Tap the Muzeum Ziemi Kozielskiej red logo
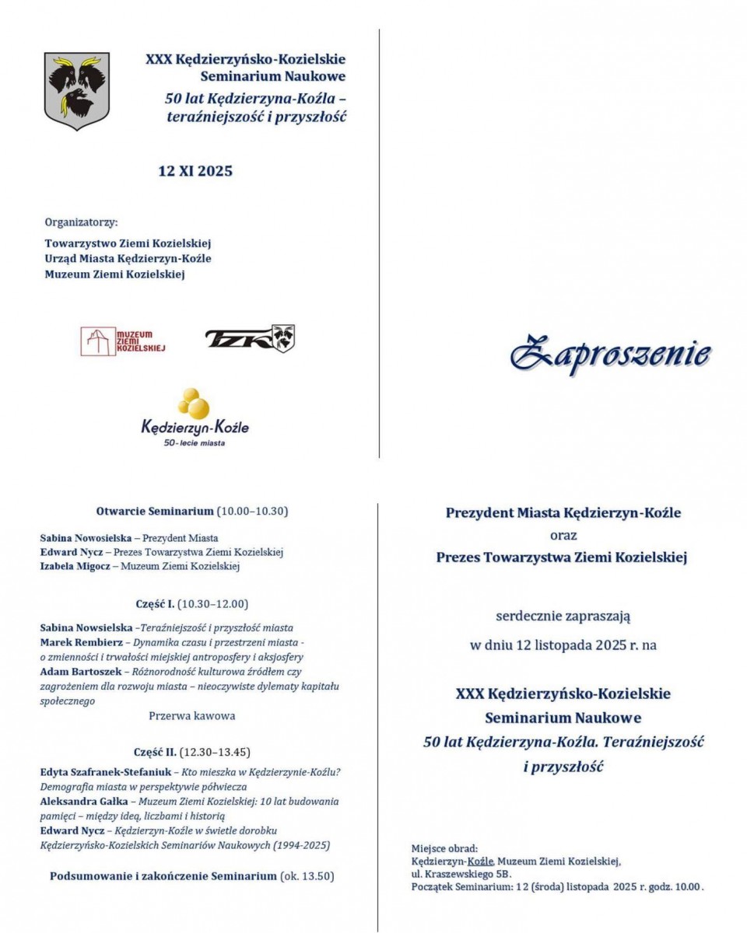click(123, 341)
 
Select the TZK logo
click(250, 338)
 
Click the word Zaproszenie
click(609, 354)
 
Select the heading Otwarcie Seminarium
click(154, 512)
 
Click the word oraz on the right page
click(563, 535)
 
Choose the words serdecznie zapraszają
click(563, 617)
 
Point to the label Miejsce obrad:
click(444, 848)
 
